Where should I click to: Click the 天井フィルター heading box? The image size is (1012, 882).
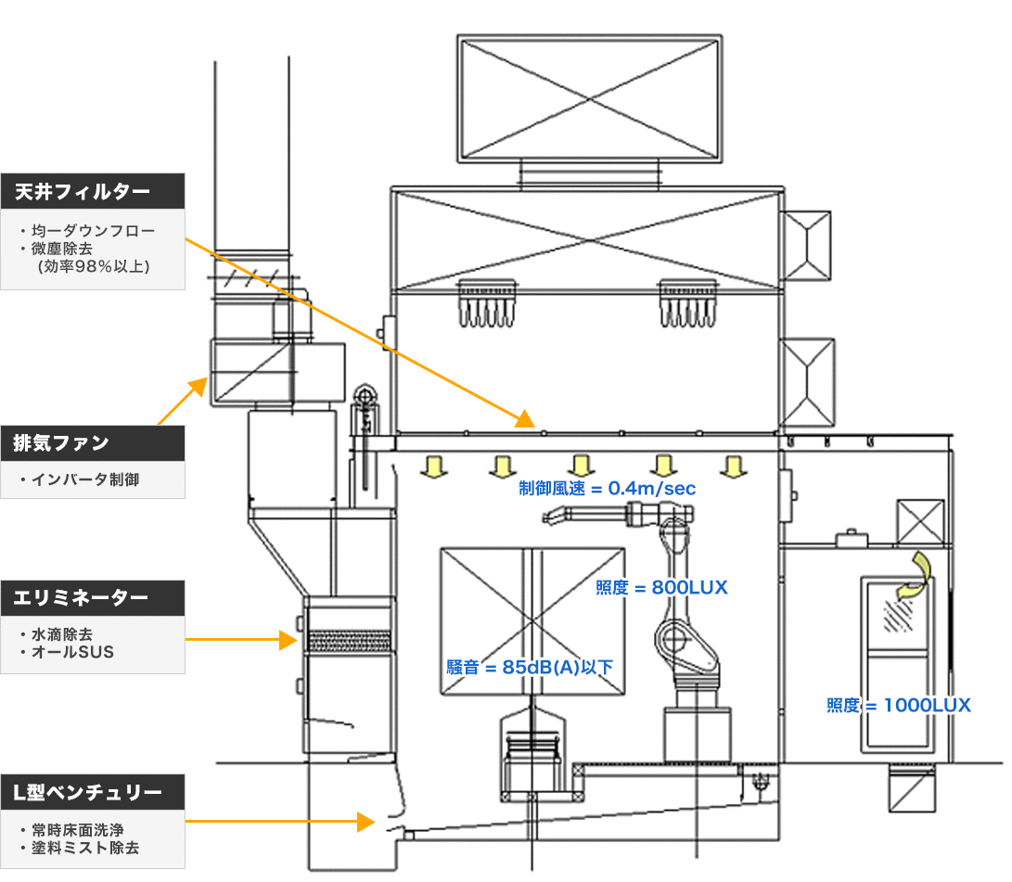pos(92,191)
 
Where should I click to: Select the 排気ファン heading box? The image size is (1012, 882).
pos(92,443)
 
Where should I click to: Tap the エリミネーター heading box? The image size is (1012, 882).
pos(92,598)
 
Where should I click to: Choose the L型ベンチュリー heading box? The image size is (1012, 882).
pos(92,792)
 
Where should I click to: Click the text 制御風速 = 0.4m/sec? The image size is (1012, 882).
pos(607,489)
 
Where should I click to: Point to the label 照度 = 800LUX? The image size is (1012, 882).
pos(661,587)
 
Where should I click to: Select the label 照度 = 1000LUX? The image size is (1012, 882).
pos(899,705)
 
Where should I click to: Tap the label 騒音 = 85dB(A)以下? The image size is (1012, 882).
pos(530,667)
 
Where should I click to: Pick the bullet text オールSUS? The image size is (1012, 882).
pos(72,652)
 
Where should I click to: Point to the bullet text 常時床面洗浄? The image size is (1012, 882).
pos(77,830)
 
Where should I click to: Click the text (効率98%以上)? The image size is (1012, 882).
pos(94,266)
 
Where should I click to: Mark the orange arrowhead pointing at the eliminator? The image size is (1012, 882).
pos(288,639)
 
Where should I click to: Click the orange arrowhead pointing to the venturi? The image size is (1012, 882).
pos(366,822)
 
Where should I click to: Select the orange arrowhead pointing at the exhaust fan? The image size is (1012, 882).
pos(199,387)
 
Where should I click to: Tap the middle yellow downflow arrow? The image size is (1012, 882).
pos(581,467)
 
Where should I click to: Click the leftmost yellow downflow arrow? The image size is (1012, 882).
pos(434,467)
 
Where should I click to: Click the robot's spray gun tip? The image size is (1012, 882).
pos(546,518)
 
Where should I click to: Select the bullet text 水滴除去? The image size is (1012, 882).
pos(62,634)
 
